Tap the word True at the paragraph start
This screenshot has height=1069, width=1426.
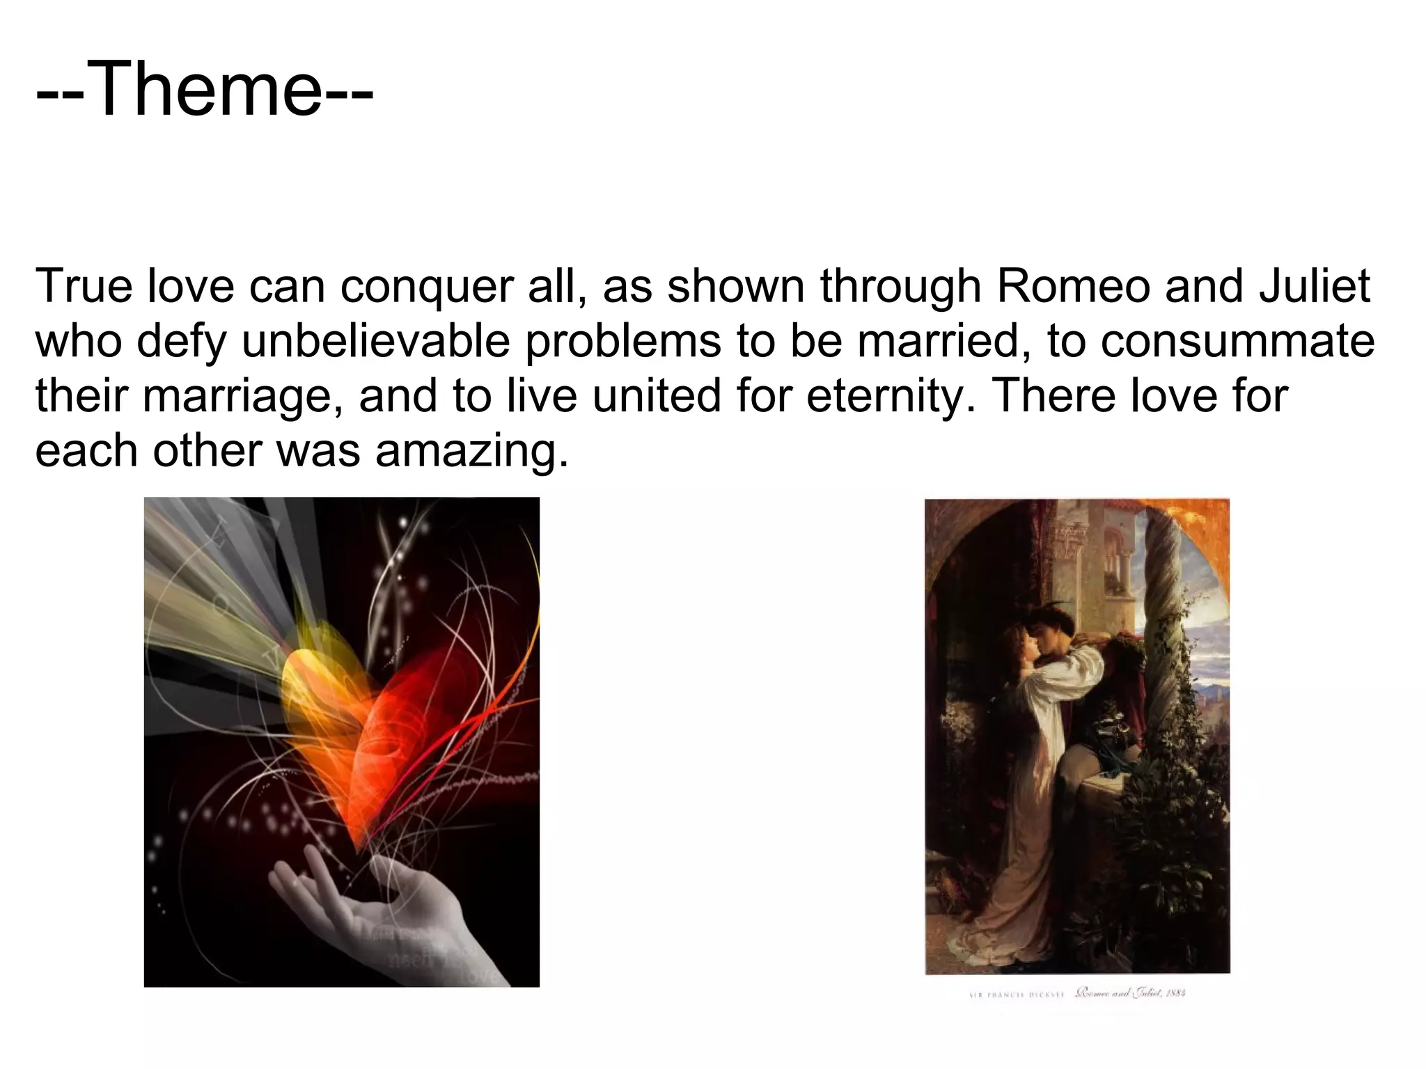tap(84, 286)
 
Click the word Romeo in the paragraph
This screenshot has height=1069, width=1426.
tap(1072, 286)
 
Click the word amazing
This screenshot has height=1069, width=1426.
tap(471, 452)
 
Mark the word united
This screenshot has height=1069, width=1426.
tap(657, 396)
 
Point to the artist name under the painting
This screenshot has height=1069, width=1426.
tap(1014, 995)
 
